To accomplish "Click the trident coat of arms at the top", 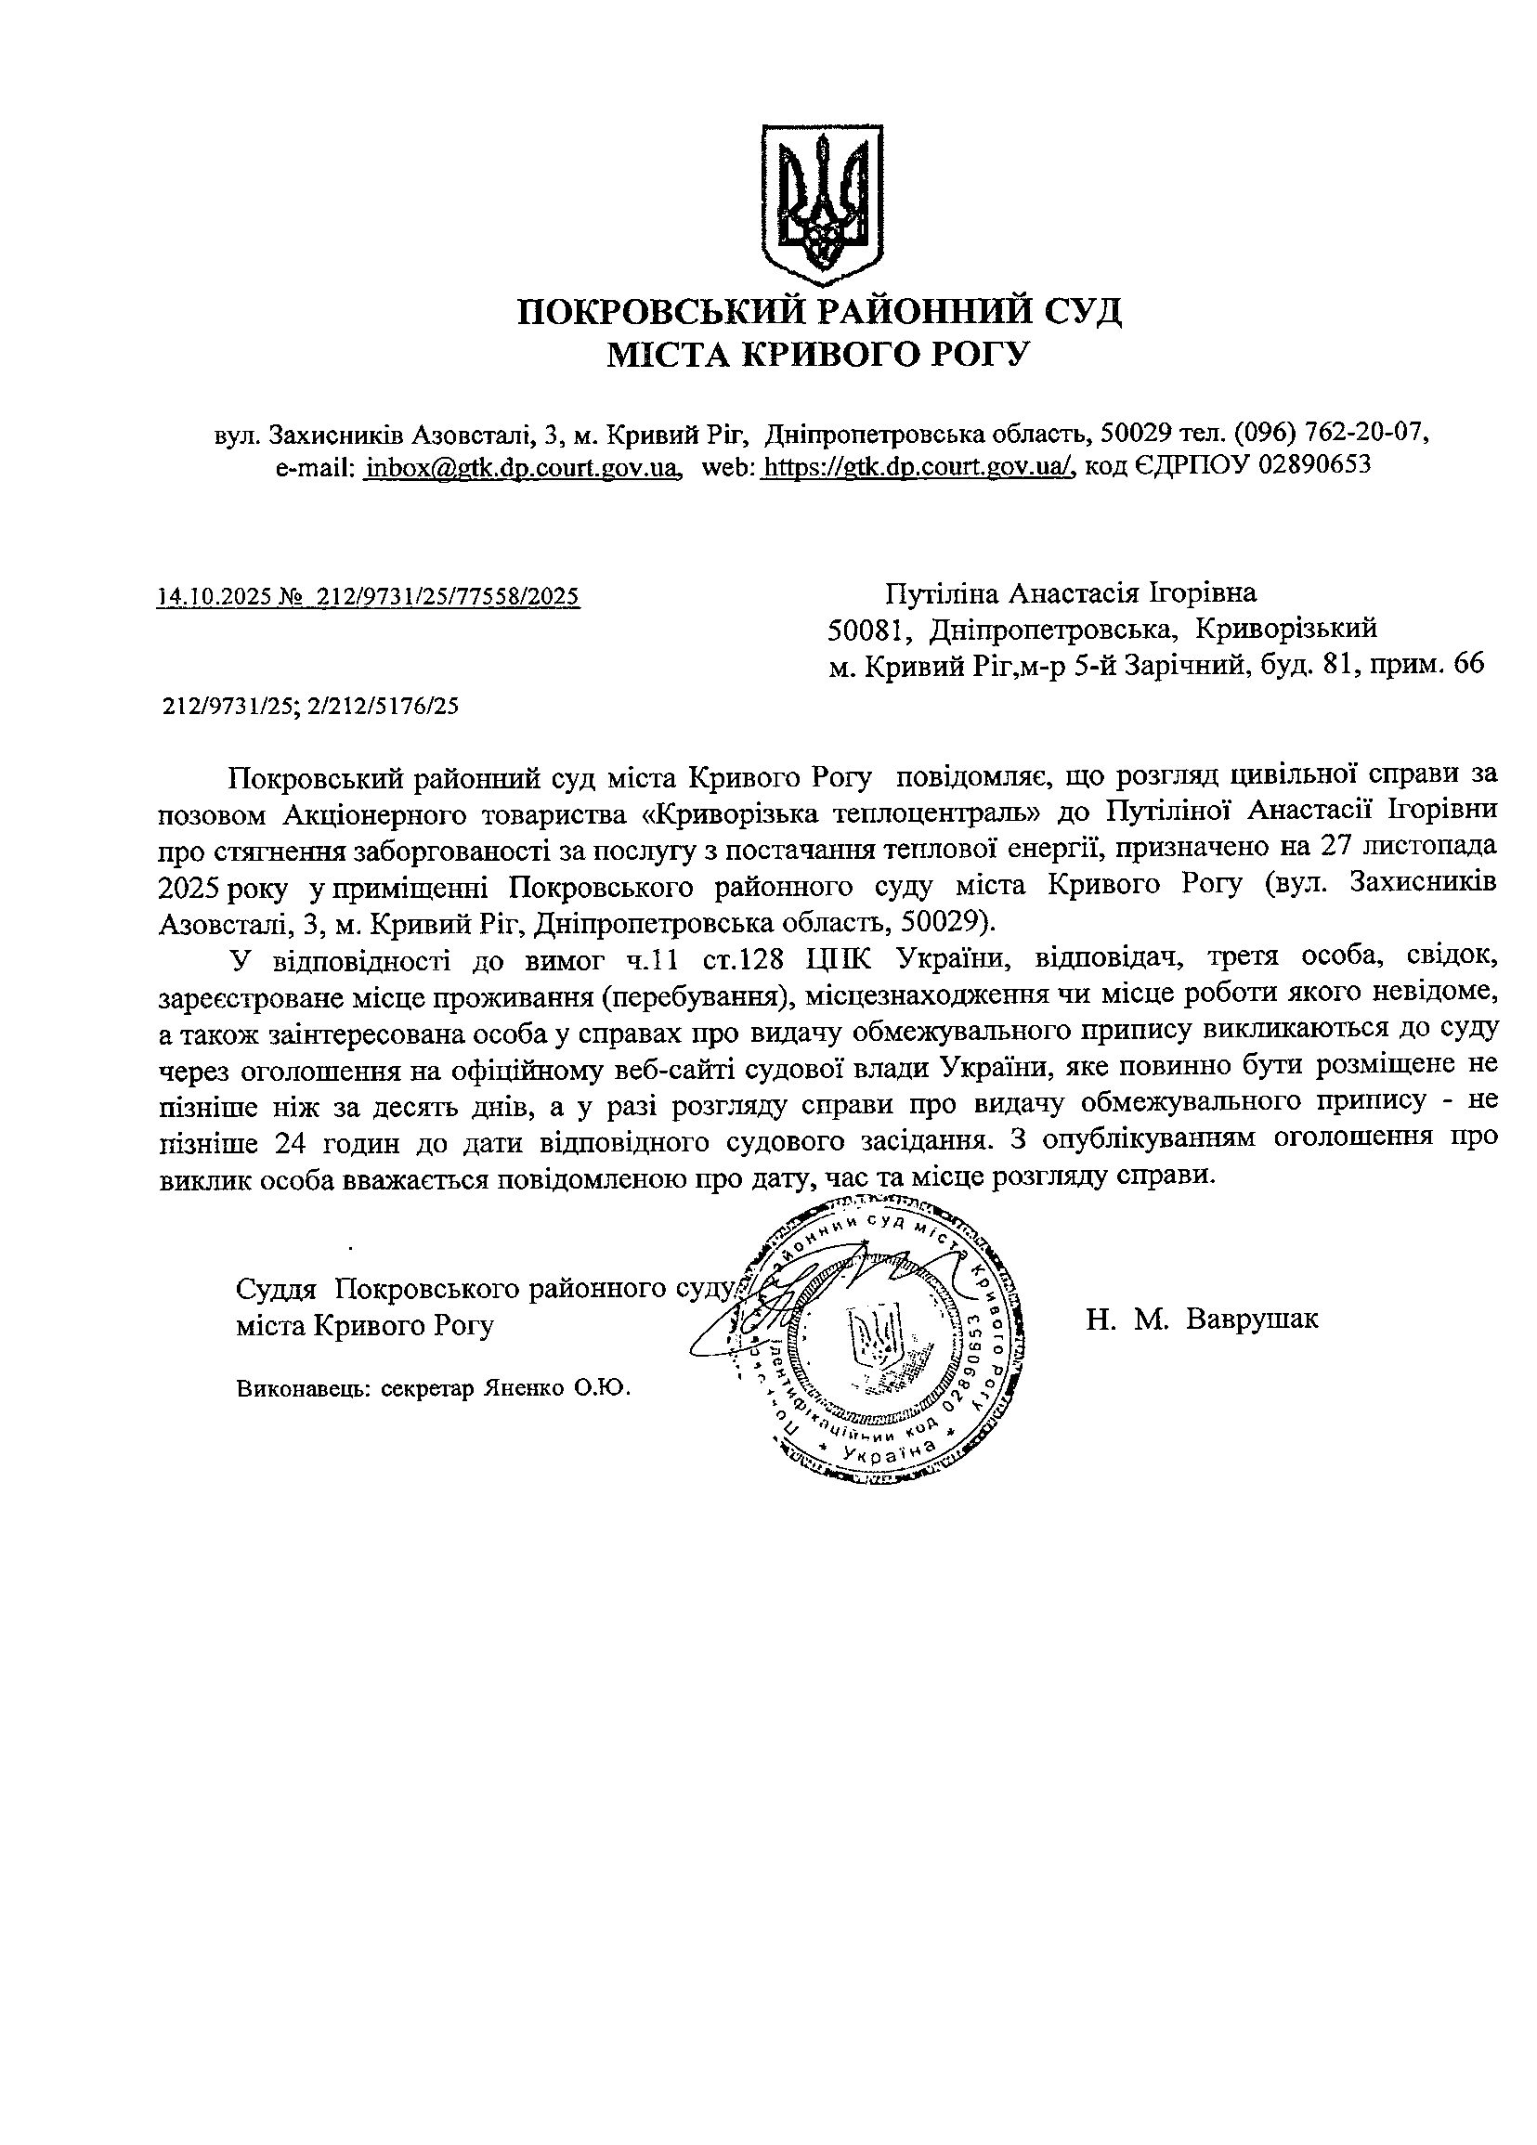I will click(x=821, y=204).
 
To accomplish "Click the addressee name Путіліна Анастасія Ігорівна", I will click(x=1071, y=593).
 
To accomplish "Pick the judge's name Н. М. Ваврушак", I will click(x=1201, y=1319).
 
